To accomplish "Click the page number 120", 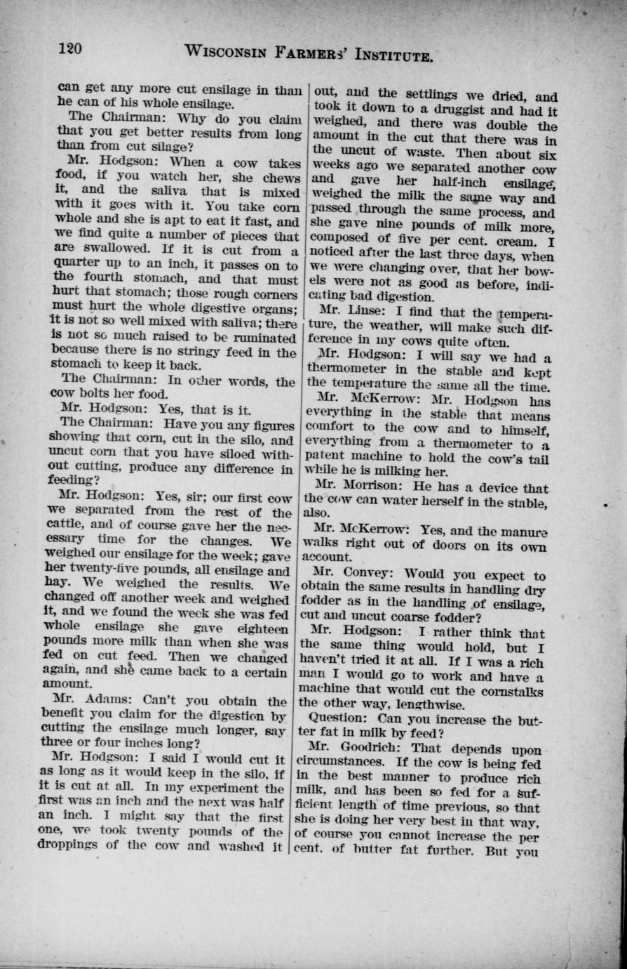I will tap(71, 48).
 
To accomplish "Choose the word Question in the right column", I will tap(339, 720).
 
